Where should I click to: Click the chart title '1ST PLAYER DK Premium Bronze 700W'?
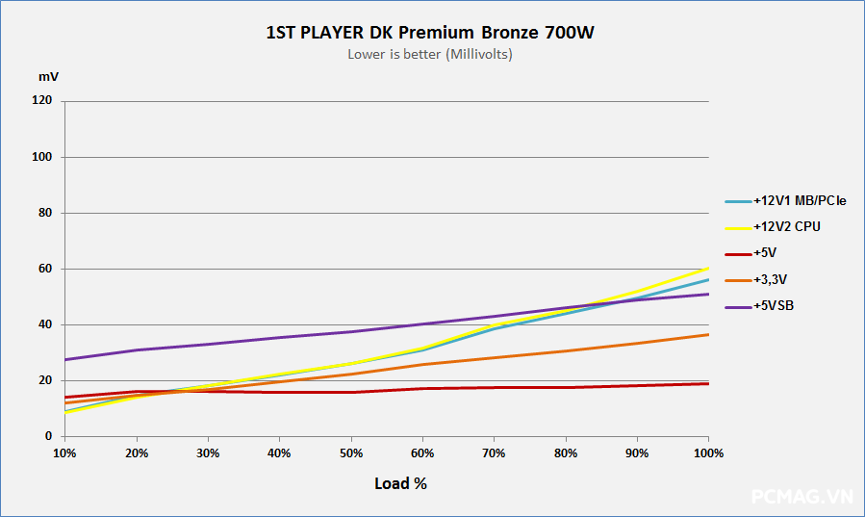click(x=430, y=33)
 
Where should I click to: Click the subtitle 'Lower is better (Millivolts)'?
click(x=430, y=54)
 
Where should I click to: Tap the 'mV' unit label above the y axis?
click(x=48, y=76)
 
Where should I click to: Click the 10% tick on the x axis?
click(x=64, y=452)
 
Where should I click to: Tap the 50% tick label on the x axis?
click(x=350, y=452)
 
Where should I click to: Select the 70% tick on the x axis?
click(x=494, y=452)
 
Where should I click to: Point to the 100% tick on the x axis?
click(x=708, y=452)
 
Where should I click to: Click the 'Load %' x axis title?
click(x=400, y=483)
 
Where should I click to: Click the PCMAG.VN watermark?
click(x=801, y=497)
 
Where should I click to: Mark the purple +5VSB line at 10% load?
click(x=64, y=359)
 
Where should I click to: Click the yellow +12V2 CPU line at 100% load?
click(x=708, y=269)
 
